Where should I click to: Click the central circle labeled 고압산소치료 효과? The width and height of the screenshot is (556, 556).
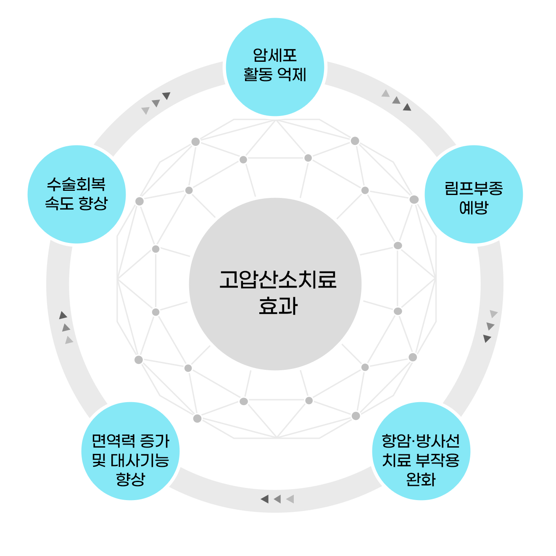(275, 284)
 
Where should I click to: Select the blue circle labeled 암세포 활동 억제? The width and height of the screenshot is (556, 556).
(275, 67)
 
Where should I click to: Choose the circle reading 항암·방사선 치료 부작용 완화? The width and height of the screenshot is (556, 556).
(421, 451)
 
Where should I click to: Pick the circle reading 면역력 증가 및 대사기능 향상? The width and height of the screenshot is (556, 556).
(131, 451)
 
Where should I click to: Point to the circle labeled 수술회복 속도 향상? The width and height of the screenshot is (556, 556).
(77, 194)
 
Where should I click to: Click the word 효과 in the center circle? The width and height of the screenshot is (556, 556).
(278, 306)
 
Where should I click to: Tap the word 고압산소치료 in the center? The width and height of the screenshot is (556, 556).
(278, 279)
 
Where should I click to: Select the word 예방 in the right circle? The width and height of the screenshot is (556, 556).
(474, 208)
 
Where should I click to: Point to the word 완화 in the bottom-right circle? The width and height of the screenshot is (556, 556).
(421, 479)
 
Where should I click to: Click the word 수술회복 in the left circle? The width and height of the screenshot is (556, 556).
(76, 184)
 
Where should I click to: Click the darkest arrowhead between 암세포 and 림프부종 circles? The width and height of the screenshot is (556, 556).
(407, 108)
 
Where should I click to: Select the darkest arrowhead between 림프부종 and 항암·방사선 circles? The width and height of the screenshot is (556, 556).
(487, 338)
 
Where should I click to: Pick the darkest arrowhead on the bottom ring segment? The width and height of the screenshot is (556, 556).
(265, 499)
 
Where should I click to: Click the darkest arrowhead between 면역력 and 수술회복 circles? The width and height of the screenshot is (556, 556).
(63, 315)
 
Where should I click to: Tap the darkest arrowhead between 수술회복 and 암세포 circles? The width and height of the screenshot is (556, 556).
(166, 95)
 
